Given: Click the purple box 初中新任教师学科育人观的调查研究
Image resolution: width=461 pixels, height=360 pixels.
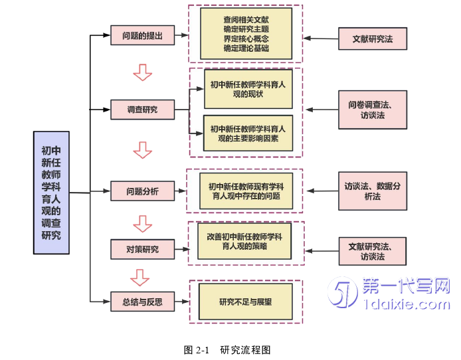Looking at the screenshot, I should [x=51, y=193].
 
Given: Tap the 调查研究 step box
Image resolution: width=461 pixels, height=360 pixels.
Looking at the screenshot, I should [x=142, y=109].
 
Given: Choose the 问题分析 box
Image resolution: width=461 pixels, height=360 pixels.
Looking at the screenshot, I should [x=142, y=191].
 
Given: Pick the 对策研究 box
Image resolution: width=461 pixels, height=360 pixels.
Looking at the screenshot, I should [x=142, y=249].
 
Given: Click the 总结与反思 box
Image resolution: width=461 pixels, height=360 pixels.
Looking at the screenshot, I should [x=142, y=302].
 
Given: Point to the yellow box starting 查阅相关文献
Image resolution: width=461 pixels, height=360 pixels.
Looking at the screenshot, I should [x=246, y=34].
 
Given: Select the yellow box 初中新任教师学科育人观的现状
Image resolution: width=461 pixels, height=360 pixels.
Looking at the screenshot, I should [x=248, y=89].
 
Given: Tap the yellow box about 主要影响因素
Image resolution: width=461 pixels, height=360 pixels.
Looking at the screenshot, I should [x=248, y=134].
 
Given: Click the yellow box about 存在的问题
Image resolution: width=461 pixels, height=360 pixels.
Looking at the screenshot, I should [x=246, y=191].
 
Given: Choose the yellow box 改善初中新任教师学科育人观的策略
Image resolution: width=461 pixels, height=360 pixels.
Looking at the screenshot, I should [x=245, y=240].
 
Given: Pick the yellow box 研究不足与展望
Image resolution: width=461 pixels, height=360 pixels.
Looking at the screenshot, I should [x=245, y=302].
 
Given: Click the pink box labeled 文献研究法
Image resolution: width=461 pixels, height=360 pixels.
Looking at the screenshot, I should [x=372, y=39].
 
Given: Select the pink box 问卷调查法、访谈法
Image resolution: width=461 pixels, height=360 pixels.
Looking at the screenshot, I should [x=372, y=110].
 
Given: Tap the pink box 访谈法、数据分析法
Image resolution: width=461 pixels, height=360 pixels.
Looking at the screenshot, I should [x=372, y=191].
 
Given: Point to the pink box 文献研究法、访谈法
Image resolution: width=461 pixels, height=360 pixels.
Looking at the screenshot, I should [x=372, y=251].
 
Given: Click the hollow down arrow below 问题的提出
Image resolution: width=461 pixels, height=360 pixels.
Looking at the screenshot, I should [x=142, y=71].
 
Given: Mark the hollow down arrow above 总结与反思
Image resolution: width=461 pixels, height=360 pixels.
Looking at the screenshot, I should [x=139, y=276].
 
